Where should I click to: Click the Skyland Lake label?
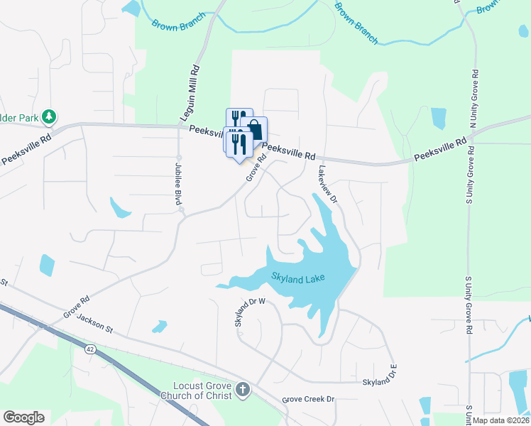click(x=297, y=277)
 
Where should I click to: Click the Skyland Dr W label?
click(x=250, y=312)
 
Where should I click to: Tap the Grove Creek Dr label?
click(x=308, y=400)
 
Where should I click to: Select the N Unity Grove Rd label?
click(x=474, y=99)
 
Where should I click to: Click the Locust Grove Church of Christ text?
click(x=203, y=391)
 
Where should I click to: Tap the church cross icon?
click(x=243, y=390)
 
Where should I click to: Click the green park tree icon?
click(x=48, y=115)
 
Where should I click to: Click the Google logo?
click(x=23, y=417)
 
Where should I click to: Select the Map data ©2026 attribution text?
click(x=501, y=420)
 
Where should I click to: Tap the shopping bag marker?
click(x=255, y=130)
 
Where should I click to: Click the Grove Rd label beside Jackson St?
click(x=75, y=306)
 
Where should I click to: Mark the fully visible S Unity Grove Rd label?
click(x=469, y=305)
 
